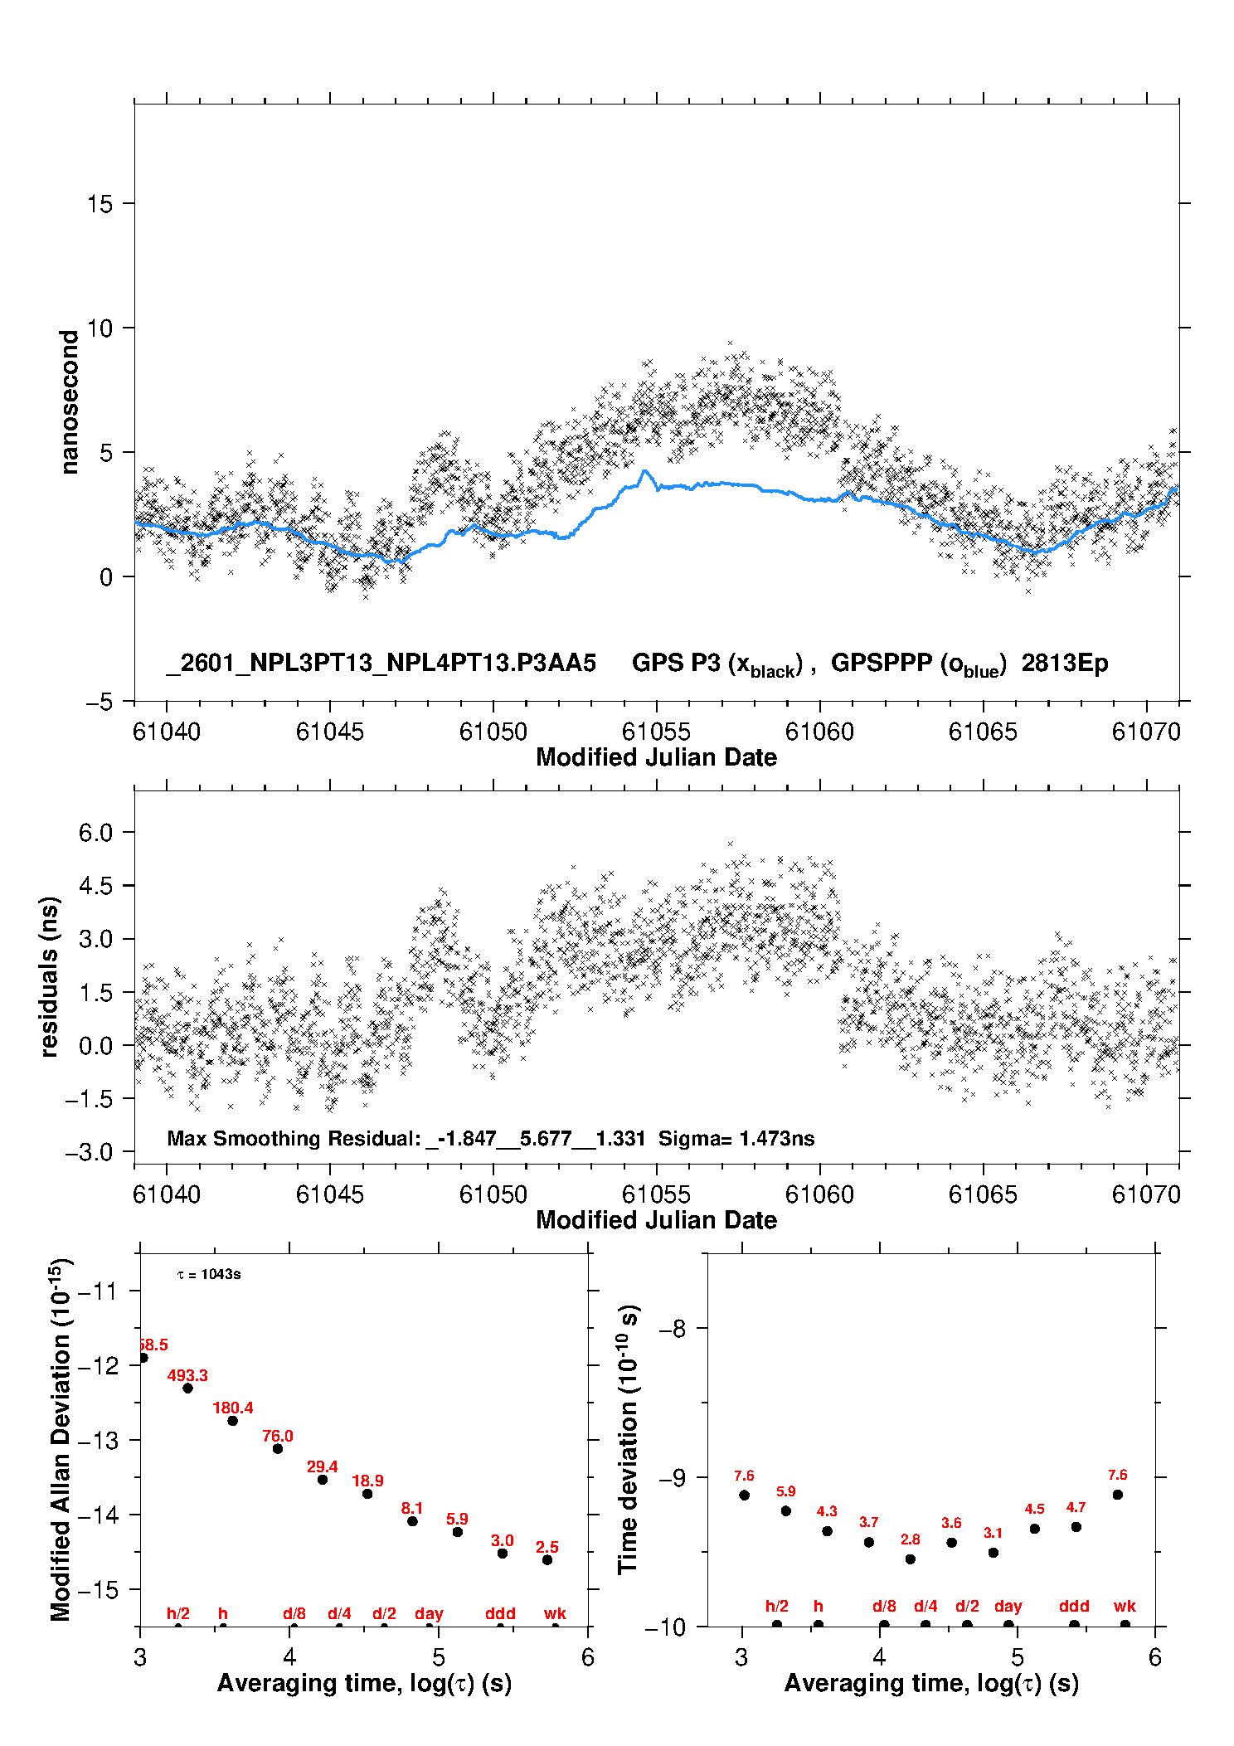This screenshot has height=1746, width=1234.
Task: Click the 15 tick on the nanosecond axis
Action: pyautogui.click(x=100, y=204)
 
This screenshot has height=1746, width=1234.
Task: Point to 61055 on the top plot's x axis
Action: pyautogui.click(x=656, y=732)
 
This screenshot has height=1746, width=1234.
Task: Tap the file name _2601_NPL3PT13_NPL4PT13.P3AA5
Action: pyautogui.click(x=381, y=663)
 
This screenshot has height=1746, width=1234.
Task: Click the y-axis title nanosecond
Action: pyautogui.click(x=70, y=402)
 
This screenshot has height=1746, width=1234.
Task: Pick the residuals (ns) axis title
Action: pyautogui.click(x=50, y=976)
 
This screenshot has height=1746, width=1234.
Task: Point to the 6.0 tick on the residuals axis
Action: pyautogui.click(x=95, y=833)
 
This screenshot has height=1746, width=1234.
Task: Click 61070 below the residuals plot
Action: pyautogui.click(x=1145, y=1194)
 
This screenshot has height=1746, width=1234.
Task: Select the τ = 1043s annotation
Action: pyautogui.click(x=209, y=1274)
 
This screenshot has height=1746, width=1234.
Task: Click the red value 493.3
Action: pyautogui.click(x=187, y=1375)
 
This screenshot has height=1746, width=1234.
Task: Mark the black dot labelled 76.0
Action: pyautogui.click(x=278, y=1448)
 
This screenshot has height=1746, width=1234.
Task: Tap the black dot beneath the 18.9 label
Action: pyautogui.click(x=367, y=1493)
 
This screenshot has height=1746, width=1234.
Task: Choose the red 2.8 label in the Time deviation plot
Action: pyautogui.click(x=910, y=1539)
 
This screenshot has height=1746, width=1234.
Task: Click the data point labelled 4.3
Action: pyautogui.click(x=827, y=1530)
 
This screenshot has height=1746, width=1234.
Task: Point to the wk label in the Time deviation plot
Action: pyautogui.click(x=1125, y=1606)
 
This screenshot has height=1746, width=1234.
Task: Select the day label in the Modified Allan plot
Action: pyautogui.click(x=429, y=1613)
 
